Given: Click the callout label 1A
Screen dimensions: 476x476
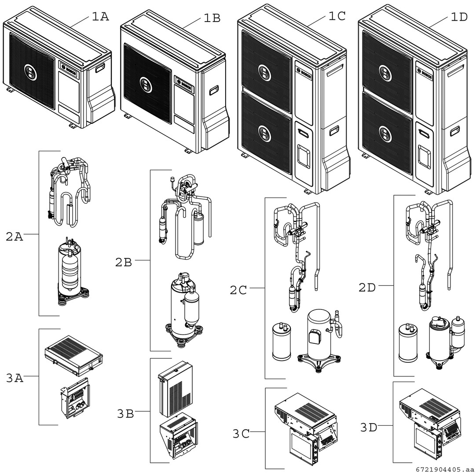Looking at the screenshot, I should pos(100,17).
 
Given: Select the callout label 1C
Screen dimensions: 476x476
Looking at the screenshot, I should pos(337,16).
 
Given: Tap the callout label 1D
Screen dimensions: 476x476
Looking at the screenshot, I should pos(459,17).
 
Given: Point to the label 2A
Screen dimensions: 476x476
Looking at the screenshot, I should pos(15,237).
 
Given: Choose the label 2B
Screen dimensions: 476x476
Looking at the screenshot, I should pos(124,262).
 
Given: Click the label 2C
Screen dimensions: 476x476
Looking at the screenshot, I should pos(238,290).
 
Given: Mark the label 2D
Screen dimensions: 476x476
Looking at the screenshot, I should pos(367,288).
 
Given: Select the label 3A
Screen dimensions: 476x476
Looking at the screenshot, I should pos(15,378).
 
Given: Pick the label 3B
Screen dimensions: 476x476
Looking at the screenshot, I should pos(125,414).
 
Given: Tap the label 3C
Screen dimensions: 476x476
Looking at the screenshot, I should pos(241,434).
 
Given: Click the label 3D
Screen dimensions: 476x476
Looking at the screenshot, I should pos(369,428).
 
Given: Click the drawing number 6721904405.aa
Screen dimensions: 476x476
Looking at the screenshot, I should pos(444,470).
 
